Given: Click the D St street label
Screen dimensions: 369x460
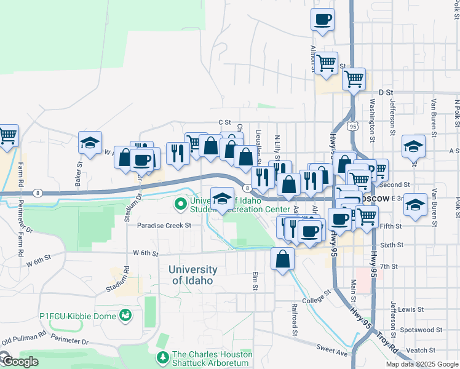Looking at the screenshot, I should coord(386,92).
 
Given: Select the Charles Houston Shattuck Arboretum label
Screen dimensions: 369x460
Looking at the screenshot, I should coord(212,359).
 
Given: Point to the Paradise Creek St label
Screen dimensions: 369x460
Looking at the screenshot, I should coord(164,226).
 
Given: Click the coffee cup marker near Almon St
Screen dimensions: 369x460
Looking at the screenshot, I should coord(323,20).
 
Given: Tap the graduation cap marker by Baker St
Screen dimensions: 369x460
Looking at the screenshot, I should coord(90,143).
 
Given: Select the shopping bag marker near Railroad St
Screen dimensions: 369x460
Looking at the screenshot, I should coord(282,259).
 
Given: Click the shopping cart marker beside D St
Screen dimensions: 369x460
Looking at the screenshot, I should coord(354,79).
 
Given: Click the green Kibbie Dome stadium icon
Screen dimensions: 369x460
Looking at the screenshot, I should coord(126,315).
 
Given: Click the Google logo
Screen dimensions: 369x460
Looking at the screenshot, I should coord(20,362).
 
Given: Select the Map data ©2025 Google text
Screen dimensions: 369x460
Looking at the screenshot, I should coord(421,364).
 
